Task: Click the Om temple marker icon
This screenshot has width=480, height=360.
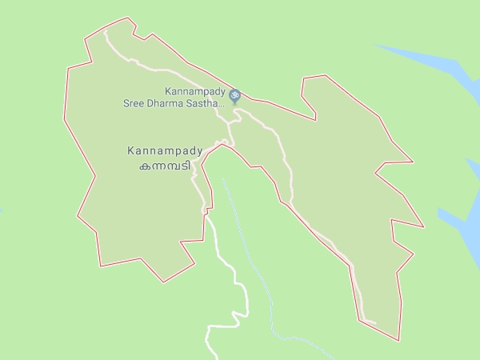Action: [234, 96]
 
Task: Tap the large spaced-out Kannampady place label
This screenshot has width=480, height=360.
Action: [166, 150]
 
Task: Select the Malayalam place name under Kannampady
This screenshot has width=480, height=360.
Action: [166, 166]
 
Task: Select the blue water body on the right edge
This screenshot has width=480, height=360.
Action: [460, 224]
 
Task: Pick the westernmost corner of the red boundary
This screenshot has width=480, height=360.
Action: [66, 70]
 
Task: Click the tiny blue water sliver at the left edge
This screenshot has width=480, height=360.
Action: [2, 211]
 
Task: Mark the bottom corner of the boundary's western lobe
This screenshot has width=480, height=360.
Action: [164, 282]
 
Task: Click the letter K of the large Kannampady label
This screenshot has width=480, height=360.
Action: [131, 150]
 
